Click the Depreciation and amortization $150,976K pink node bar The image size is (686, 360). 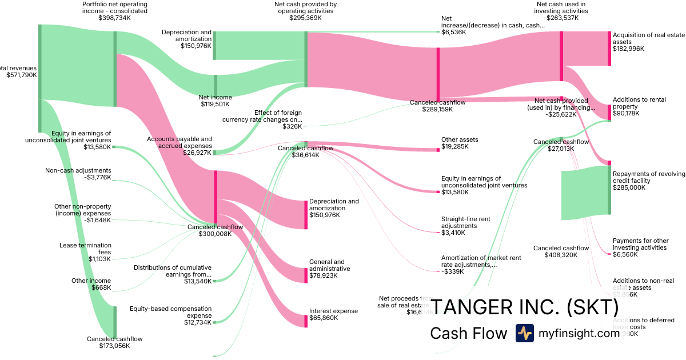[x=306, y=214]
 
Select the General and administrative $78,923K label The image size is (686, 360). [x=329, y=269]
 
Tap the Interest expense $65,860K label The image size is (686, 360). [x=333, y=314]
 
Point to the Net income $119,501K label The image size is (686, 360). [x=214, y=101]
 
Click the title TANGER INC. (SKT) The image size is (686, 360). [x=524, y=307]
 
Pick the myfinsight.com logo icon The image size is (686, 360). [x=525, y=333]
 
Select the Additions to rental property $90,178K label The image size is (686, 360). [x=639, y=106]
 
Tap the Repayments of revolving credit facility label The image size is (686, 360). [x=648, y=180]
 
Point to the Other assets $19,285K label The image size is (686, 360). [x=460, y=143]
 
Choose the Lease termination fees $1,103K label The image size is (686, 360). [x=85, y=252]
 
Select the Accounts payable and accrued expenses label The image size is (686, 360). [x=179, y=146]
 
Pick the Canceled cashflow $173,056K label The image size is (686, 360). [x=114, y=342]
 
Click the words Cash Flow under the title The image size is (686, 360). [x=468, y=333]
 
